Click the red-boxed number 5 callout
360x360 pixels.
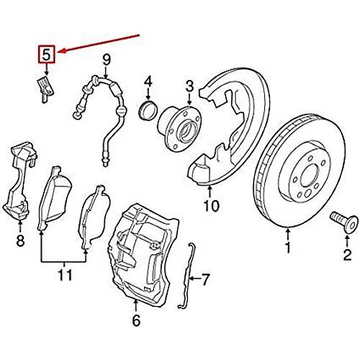coord(47,55)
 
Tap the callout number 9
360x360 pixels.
coord(107,60)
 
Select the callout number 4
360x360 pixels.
coord(148,81)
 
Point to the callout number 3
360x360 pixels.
coord(189,86)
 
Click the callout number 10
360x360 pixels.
coord(211,206)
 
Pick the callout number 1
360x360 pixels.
coord(288,248)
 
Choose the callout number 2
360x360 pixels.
coord(347,255)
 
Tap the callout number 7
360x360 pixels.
coord(205,279)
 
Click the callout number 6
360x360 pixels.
coord(136,320)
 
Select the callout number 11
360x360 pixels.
coord(66,275)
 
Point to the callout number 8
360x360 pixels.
coord(20,240)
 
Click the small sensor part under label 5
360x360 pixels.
coord(45,89)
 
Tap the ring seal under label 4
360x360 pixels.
coord(148,110)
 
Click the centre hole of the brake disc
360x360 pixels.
coord(310,175)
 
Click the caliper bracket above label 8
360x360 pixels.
coord(20,181)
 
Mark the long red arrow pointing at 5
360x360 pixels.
coord(99,43)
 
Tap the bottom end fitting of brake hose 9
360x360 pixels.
coord(105,161)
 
